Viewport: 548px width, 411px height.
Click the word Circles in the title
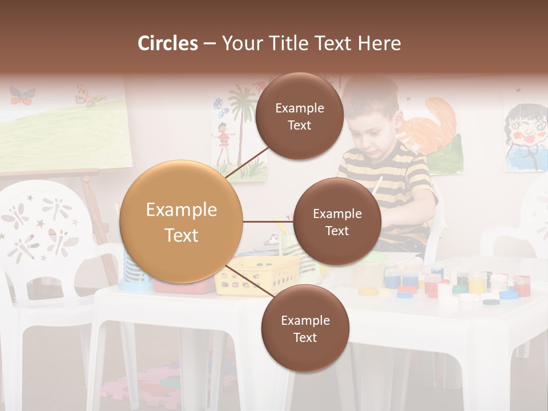coord(168,43)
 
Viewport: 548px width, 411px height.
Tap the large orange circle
coord(181,221)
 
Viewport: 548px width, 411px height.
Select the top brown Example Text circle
coord(299,116)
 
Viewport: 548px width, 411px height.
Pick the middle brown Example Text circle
coord(337,221)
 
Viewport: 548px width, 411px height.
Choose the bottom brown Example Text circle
coord(305,328)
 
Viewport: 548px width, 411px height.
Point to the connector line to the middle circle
coord(268,221)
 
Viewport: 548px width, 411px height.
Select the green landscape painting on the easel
coord(63,134)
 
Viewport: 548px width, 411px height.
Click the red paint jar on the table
coord(521,285)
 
